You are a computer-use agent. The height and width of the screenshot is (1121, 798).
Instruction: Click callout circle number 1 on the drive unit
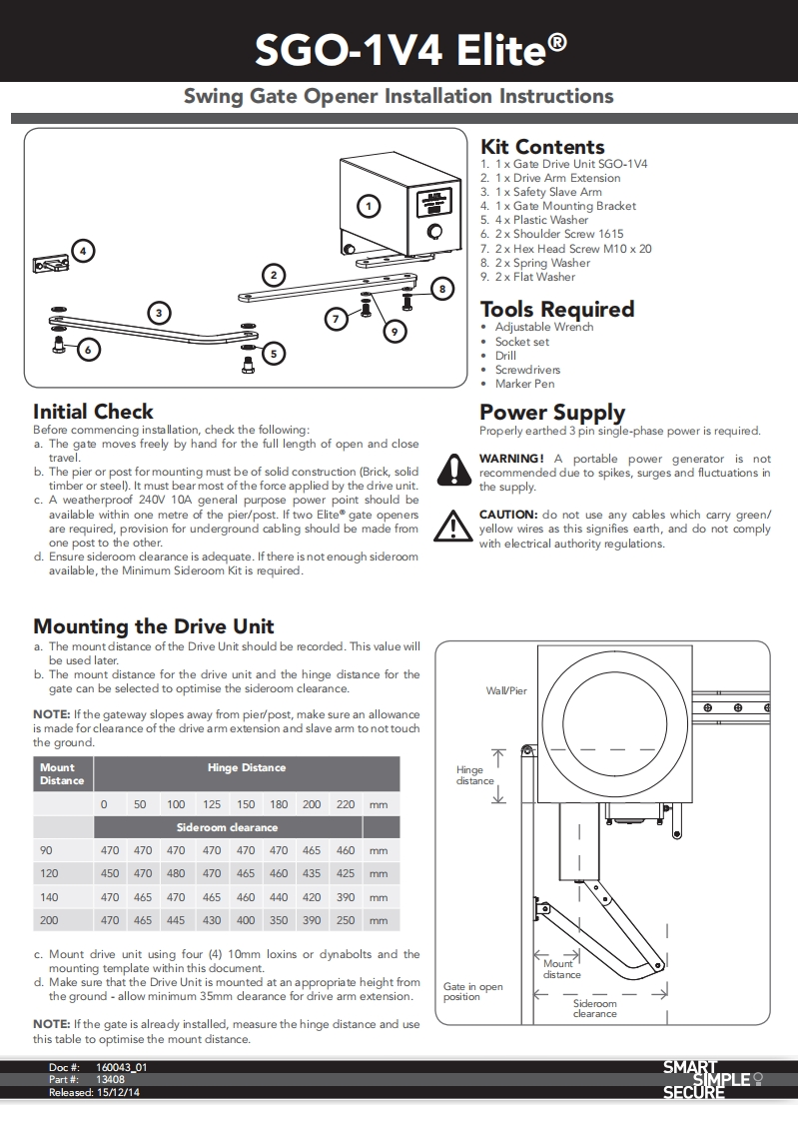pos(370,207)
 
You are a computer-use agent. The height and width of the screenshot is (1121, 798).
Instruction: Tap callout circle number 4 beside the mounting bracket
pos(84,251)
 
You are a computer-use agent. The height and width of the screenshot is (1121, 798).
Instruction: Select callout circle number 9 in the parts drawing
pos(395,331)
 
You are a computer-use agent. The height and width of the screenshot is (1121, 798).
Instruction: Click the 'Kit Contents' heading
pos(542,147)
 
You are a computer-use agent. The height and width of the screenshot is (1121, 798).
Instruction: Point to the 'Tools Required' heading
pos(557,309)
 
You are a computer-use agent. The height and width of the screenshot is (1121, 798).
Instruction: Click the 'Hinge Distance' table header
pos(246,767)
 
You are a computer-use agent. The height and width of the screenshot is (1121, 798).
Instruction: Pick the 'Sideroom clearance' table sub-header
pos(227,827)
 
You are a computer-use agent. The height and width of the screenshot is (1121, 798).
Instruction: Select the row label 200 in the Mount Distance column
pos(49,920)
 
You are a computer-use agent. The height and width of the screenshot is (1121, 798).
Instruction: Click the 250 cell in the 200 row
pos(346,920)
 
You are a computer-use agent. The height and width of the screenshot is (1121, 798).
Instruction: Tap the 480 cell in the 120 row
pos(176,873)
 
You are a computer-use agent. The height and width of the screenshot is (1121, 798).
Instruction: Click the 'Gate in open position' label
pos(472,991)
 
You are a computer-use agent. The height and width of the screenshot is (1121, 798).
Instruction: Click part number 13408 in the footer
pos(110,1080)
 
